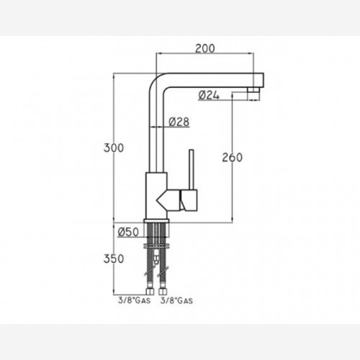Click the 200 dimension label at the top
coord(205,48)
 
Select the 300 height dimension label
coord(114,148)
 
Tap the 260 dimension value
coord(232,158)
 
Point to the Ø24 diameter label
coord(209,96)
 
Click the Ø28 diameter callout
coord(179,122)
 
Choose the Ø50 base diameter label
coord(128,232)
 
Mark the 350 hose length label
coord(114,258)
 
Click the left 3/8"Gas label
coord(134,300)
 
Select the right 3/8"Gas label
coord(176,300)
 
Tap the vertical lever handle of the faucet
coord(192,169)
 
